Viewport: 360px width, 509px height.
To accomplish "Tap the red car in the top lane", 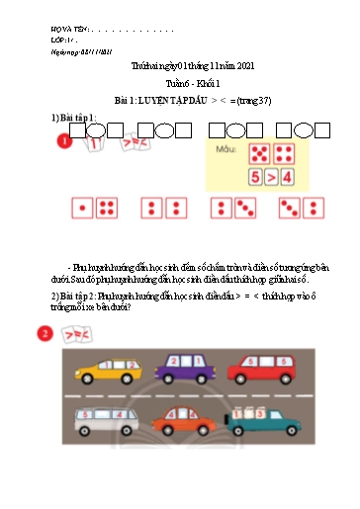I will (261, 370).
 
